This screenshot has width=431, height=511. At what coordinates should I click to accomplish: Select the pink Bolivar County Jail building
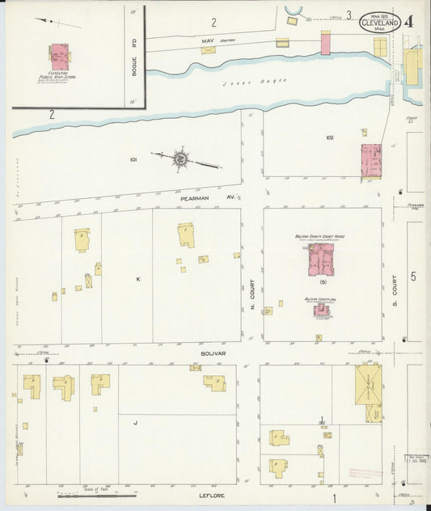pos(321,310)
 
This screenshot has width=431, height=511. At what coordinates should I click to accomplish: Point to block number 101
pos(133,160)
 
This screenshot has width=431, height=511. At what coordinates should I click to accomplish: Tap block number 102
pos(329,137)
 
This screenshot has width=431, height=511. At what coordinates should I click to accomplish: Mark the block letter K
pos(138,279)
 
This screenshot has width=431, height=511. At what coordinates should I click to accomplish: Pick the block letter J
pos(135,422)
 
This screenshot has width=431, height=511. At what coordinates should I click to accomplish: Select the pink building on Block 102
pos(371,161)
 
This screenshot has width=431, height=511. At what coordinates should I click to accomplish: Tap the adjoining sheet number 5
pos(412,277)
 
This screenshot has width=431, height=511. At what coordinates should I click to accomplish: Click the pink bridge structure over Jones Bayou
pos(325,43)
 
